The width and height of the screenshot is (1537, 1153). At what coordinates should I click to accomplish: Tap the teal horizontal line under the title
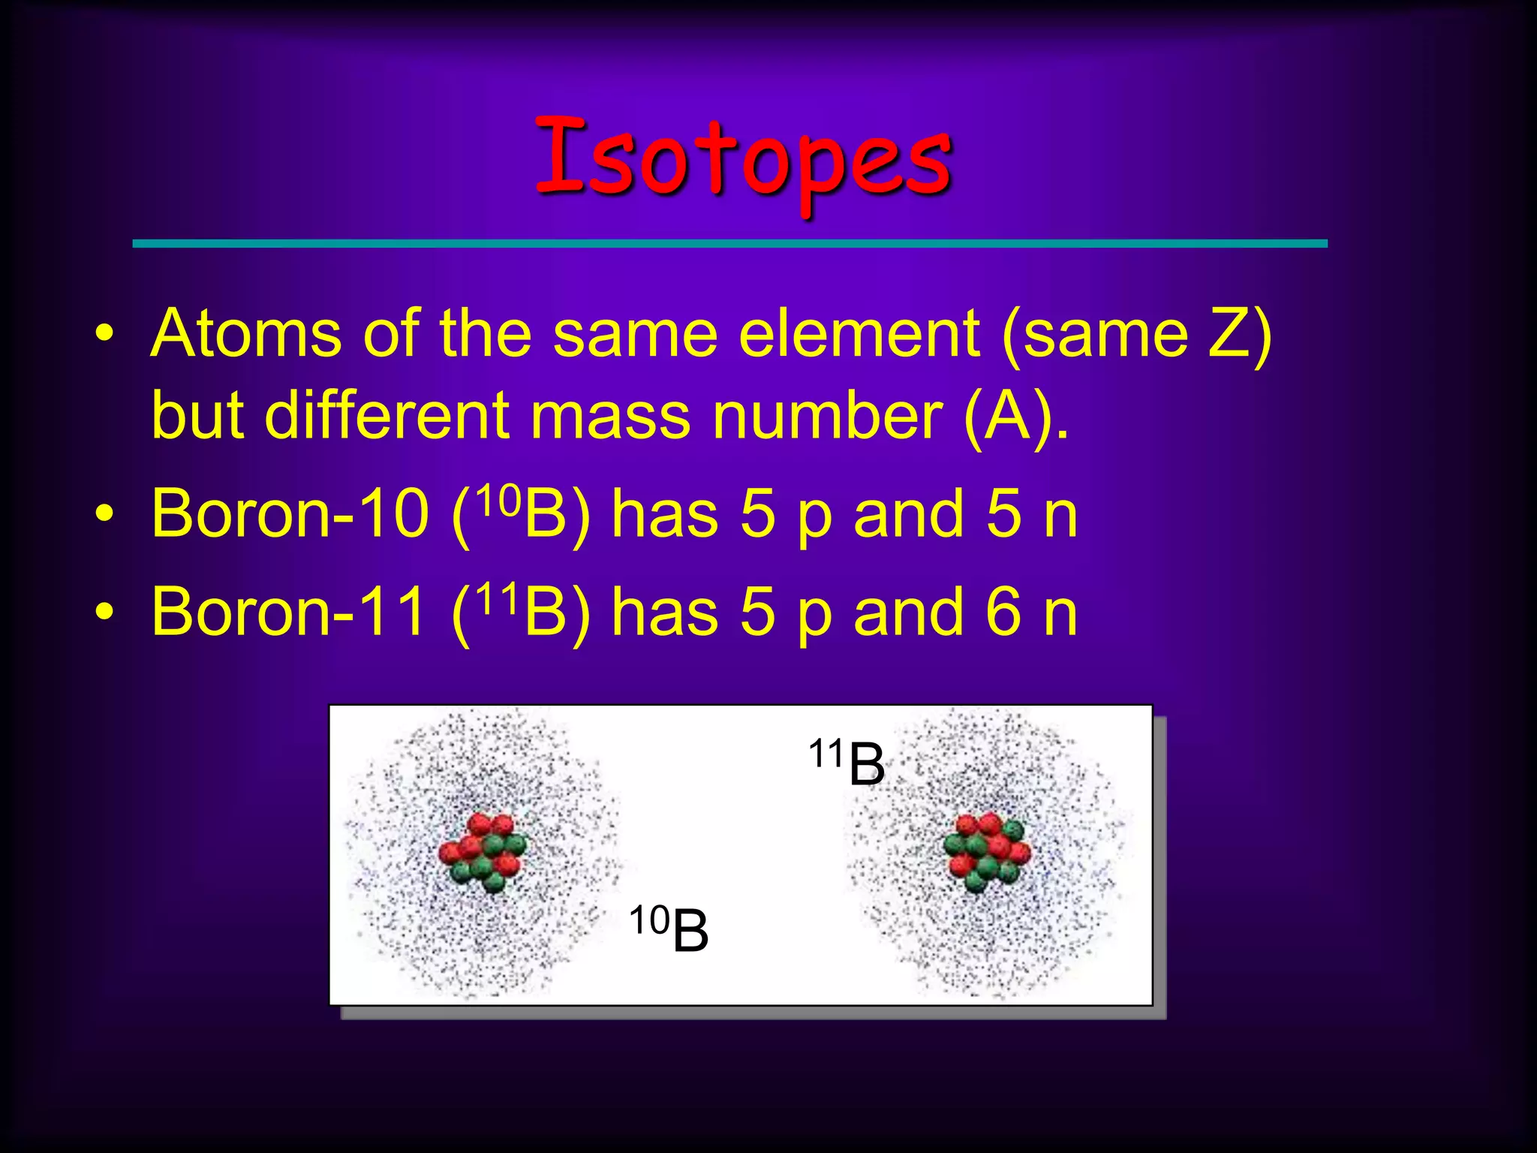coord(729,243)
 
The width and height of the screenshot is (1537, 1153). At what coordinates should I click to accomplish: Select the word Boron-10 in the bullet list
coord(289,514)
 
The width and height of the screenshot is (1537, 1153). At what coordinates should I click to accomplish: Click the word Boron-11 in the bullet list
coord(289,612)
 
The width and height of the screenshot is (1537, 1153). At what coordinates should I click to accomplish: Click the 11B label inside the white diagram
coord(847,762)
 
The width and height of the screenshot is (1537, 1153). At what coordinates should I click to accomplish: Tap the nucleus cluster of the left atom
coord(483,852)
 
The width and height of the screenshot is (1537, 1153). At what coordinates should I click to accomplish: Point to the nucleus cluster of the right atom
coord(987,850)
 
